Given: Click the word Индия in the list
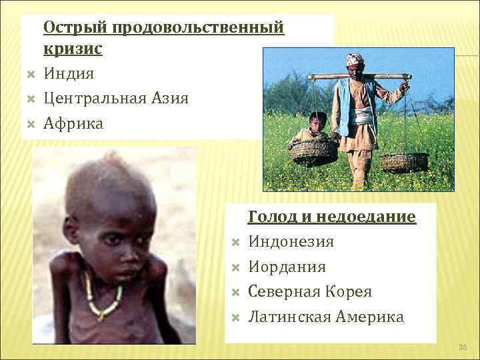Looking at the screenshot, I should tap(69, 73).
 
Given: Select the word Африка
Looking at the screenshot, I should tap(73, 123).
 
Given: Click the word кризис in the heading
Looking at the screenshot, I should tap(73, 49).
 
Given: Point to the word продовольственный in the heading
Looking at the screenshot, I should tap(198, 27).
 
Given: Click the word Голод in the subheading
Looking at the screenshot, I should tap(269, 217).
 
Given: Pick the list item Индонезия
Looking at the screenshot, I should tap(291, 241).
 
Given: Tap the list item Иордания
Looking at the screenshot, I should tap(287, 267).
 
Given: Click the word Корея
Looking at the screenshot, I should tap(349, 291).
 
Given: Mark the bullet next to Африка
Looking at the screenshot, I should tap(31, 123).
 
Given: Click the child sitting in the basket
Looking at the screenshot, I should tap(317, 129).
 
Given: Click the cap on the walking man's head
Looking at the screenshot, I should tap(355, 59).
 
